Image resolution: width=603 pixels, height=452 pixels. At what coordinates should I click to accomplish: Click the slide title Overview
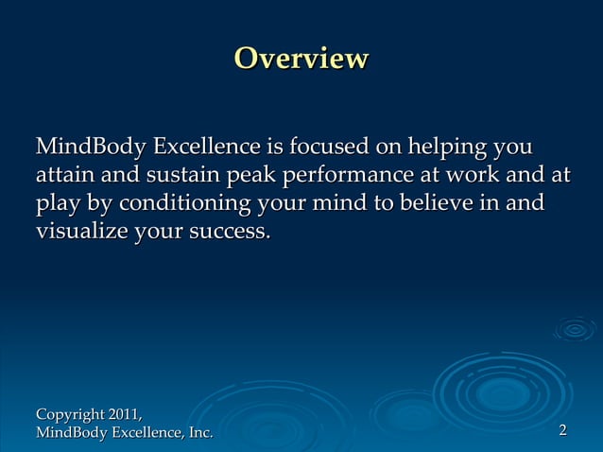(301, 59)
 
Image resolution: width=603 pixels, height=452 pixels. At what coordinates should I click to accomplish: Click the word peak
(250, 176)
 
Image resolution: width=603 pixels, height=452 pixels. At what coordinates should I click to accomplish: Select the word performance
(349, 176)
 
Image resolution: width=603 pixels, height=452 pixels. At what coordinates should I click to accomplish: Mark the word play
(58, 203)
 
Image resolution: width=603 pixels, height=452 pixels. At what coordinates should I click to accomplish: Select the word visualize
(80, 231)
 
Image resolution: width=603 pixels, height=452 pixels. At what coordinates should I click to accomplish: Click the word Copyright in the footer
(70, 414)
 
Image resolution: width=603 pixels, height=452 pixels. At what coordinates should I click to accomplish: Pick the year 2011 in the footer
(126, 414)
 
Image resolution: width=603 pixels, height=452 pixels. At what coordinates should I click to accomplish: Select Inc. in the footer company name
(198, 432)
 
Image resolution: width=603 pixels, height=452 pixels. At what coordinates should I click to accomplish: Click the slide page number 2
(562, 431)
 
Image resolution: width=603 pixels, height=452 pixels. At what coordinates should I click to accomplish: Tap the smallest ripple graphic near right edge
(575, 329)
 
